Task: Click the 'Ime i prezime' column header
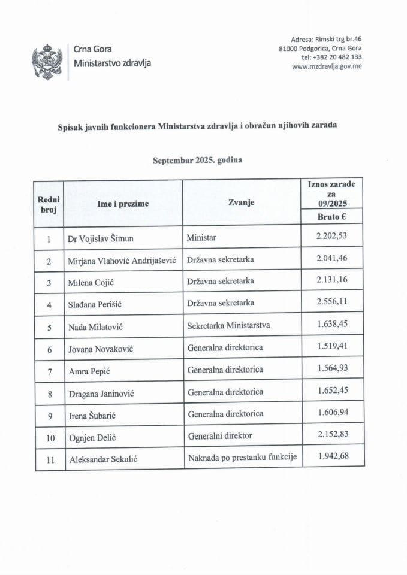pyautogui.click(x=123, y=204)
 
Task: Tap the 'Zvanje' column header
pyautogui.click(x=241, y=203)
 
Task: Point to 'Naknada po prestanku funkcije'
pyautogui.click(x=240, y=459)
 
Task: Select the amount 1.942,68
pyautogui.click(x=331, y=458)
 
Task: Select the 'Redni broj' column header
pyautogui.click(x=49, y=204)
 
